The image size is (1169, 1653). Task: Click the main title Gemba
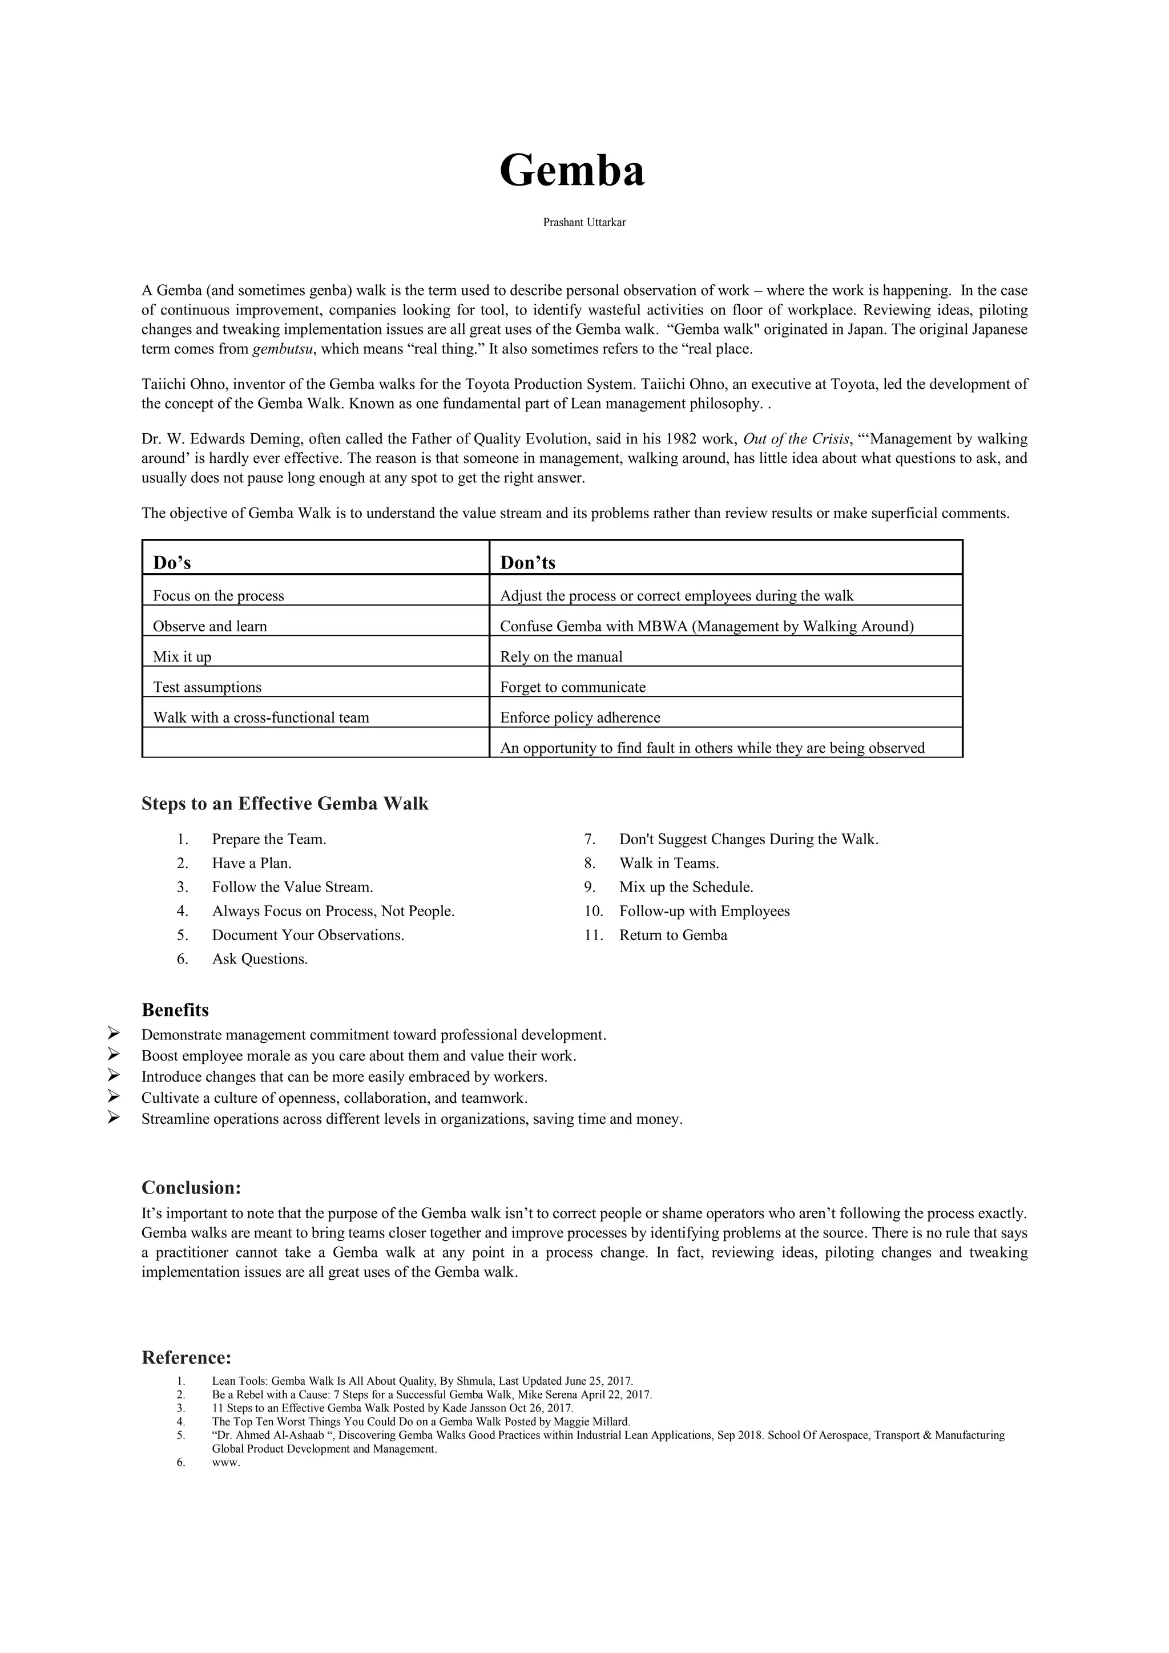[x=573, y=171]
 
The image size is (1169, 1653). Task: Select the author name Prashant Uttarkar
[x=584, y=223]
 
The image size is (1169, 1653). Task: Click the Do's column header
[x=172, y=562]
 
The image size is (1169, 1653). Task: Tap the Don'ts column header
[x=527, y=562]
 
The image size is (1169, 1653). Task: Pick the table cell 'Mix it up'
[x=182, y=656]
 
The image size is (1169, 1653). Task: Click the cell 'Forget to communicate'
[x=573, y=687]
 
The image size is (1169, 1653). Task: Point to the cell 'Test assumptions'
[x=207, y=687]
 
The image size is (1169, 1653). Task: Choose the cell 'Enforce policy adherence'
[x=579, y=717]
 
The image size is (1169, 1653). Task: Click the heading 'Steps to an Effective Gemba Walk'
[x=284, y=804]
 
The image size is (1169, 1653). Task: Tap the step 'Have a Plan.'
[x=251, y=863]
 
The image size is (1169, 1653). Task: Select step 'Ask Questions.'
[x=259, y=959]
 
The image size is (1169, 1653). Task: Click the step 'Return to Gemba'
[x=673, y=935]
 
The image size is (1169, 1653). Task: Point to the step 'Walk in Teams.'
[x=669, y=863]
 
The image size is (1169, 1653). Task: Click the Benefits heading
[x=175, y=1010]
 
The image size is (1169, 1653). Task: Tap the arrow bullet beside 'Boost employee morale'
[x=113, y=1055]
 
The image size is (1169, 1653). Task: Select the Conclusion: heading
[x=191, y=1187]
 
